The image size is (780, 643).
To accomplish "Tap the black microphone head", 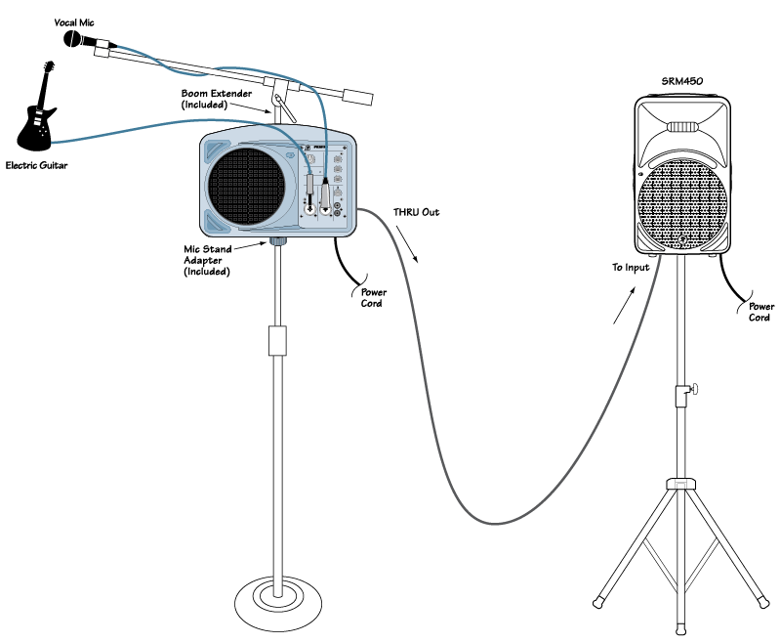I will (x=74, y=39).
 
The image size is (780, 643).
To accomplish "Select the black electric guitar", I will (x=36, y=107).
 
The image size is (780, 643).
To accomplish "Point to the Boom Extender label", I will (x=217, y=99).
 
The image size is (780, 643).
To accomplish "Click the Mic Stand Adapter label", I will (x=206, y=261).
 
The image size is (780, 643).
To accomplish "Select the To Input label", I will (x=631, y=267).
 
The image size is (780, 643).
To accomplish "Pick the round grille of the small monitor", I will (x=249, y=186).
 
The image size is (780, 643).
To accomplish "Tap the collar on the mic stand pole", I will (x=278, y=341).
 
